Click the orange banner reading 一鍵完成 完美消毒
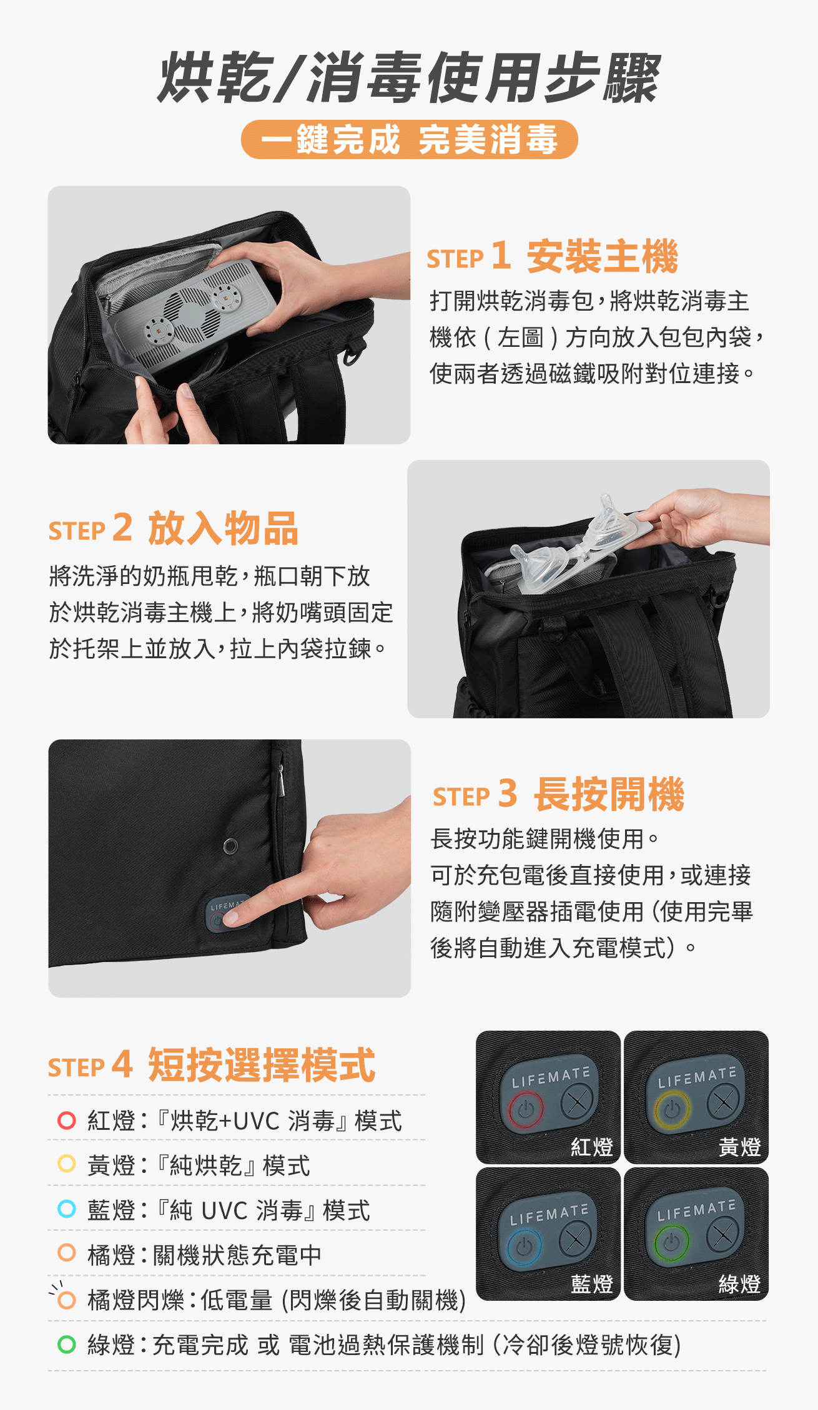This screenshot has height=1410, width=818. point(409,139)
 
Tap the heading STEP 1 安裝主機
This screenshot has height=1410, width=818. point(553,256)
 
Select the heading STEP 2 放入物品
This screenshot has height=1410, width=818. point(174,528)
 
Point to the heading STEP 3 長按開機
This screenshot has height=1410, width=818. point(559,794)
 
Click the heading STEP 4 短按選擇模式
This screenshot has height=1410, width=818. point(212,1064)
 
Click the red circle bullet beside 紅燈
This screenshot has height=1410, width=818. point(67,1121)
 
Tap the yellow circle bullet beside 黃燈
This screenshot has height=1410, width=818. point(67,1164)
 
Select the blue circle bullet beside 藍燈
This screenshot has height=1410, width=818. point(67,1208)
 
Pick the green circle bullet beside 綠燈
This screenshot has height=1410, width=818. point(67,1344)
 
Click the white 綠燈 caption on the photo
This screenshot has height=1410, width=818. point(739,1284)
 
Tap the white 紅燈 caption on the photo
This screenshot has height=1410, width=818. point(592,1147)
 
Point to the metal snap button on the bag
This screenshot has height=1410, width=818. point(230,846)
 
